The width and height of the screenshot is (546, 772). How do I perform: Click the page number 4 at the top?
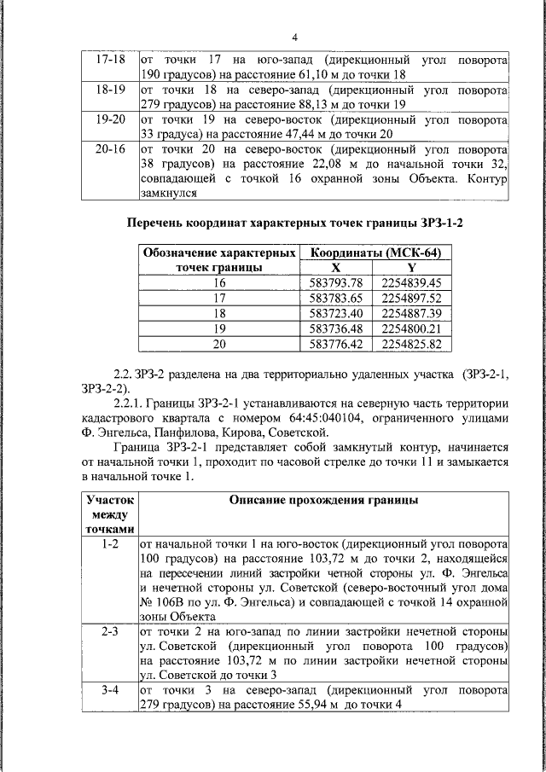pyautogui.click(x=295, y=38)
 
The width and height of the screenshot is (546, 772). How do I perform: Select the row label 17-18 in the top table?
pyautogui.click(x=109, y=61)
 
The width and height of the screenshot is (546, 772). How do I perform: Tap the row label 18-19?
pyautogui.click(x=109, y=90)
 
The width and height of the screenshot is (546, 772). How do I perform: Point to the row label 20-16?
pyautogui.click(x=109, y=150)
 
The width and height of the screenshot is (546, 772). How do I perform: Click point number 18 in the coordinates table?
pyautogui.click(x=220, y=313)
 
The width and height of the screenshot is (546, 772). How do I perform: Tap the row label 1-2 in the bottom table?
pyautogui.click(x=109, y=543)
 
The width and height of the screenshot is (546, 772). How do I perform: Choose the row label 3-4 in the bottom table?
pyautogui.click(x=109, y=689)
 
